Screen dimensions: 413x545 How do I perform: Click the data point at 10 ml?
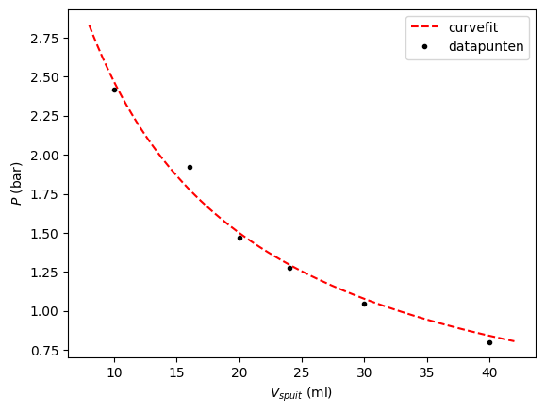point(114,90)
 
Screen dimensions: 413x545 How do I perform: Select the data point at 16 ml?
point(190,167)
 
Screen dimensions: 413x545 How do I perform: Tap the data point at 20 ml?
point(239,238)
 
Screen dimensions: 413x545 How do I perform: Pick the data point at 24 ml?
point(289,268)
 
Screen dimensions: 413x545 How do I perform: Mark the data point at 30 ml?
point(364,304)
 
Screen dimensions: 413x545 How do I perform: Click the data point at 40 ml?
point(489,342)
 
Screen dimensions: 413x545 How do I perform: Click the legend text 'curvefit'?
point(473,27)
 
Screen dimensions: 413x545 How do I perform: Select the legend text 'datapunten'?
point(487,46)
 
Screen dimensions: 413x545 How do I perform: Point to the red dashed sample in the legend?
point(425,27)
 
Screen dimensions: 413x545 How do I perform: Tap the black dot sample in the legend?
point(425,46)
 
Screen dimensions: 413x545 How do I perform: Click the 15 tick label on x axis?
point(176,372)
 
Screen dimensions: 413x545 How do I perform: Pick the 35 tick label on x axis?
point(427,372)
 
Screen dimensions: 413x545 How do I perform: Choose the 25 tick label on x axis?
point(302,372)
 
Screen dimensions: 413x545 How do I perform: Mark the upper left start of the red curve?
point(90,26)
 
